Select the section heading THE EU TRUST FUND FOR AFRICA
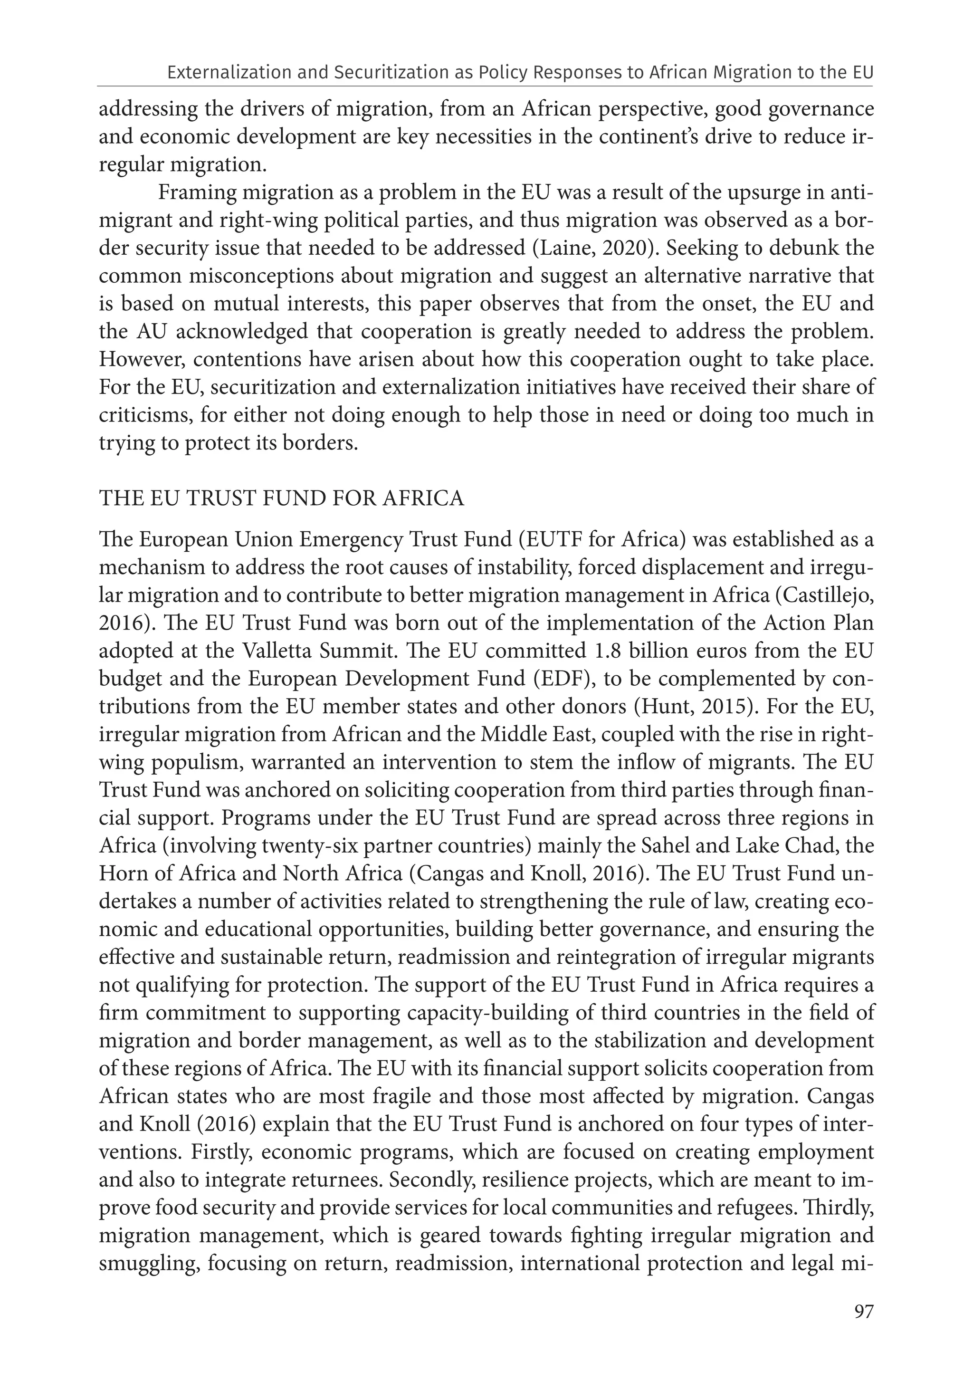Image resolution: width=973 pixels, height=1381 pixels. click(281, 498)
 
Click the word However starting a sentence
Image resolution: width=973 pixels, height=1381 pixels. click(140, 360)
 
